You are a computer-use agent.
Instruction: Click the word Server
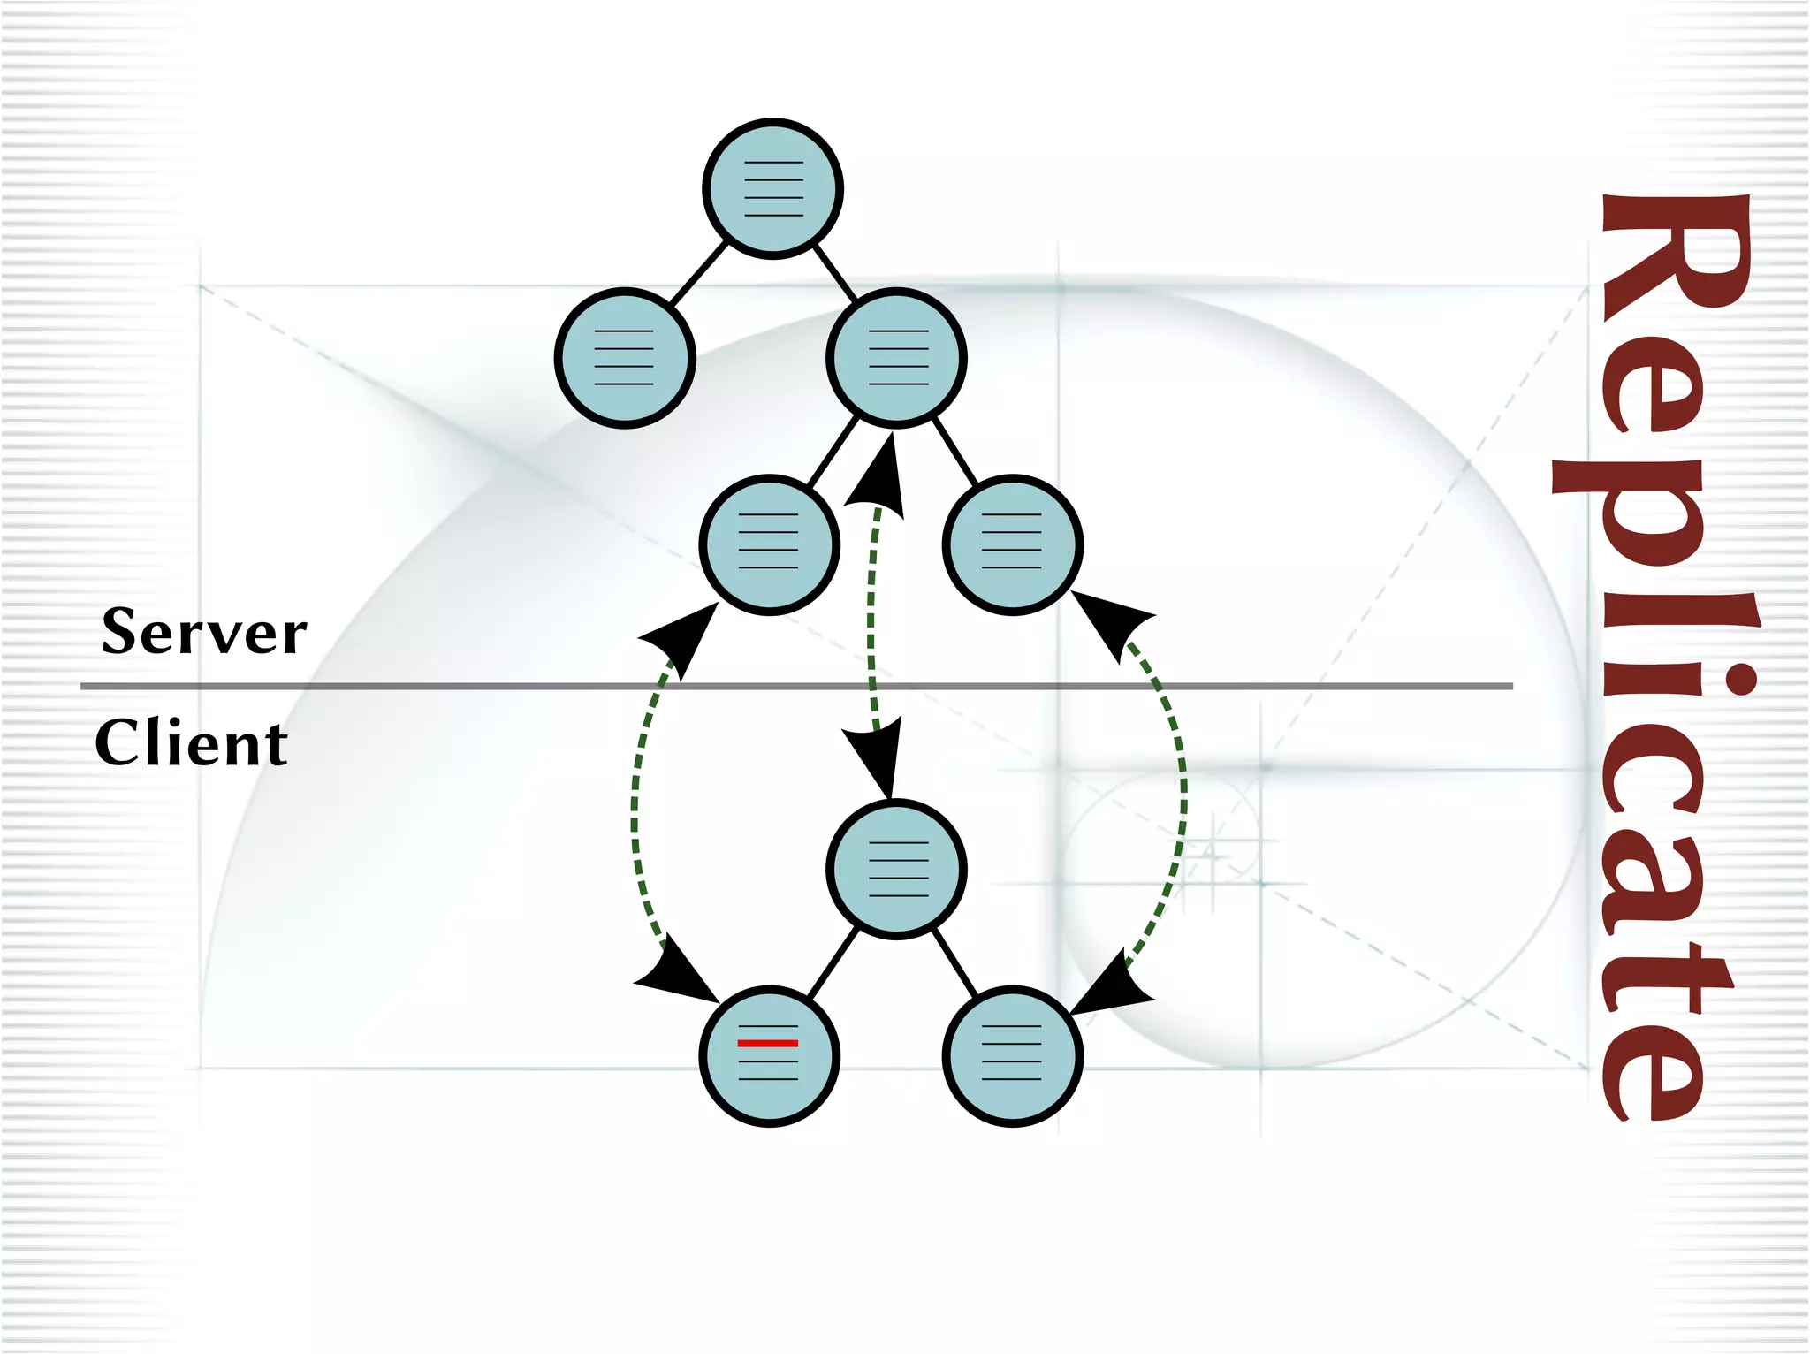tap(204, 632)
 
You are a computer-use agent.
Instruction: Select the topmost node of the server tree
tap(772, 188)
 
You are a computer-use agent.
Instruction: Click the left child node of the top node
tap(625, 358)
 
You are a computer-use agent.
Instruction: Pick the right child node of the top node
tap(896, 358)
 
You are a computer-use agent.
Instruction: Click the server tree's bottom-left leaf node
tap(768, 544)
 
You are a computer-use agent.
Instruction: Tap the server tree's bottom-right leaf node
tap(1012, 544)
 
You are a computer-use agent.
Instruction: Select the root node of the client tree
tap(896, 869)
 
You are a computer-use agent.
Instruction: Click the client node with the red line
tap(768, 1056)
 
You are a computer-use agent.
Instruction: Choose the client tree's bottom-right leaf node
tap(1012, 1056)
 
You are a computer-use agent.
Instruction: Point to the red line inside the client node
tap(768, 1044)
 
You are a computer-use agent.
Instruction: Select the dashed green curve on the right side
tap(1182, 795)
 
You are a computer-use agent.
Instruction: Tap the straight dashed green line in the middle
tap(871, 619)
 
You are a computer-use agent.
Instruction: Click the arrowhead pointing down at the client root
tap(878, 756)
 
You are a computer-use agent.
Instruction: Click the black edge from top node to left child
tap(698, 274)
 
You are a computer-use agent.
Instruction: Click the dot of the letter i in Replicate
tap(1742, 681)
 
